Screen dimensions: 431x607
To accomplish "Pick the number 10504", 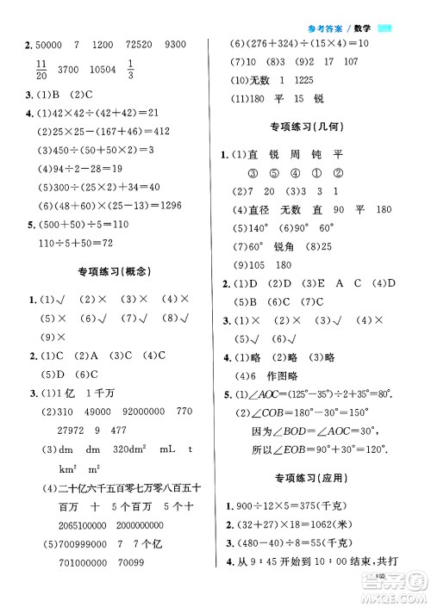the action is [100, 71].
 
